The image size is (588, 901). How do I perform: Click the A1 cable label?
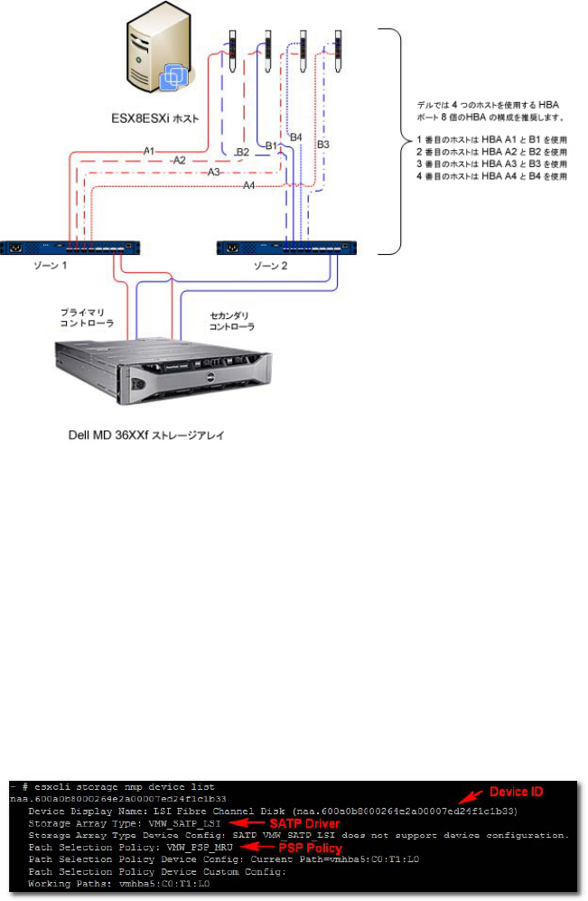tap(149, 151)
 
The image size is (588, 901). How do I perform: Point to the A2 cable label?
tap(180, 160)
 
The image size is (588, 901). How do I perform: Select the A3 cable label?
tap(213, 172)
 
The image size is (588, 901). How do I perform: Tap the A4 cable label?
tap(249, 185)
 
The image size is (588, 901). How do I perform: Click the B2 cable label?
tap(242, 153)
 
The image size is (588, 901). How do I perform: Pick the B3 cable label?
tap(322, 145)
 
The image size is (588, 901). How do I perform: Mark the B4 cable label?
tap(295, 136)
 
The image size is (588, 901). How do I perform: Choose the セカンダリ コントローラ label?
tap(232, 321)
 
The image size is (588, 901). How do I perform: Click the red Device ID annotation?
tap(518, 792)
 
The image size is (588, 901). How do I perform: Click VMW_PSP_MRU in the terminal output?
tap(201, 848)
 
